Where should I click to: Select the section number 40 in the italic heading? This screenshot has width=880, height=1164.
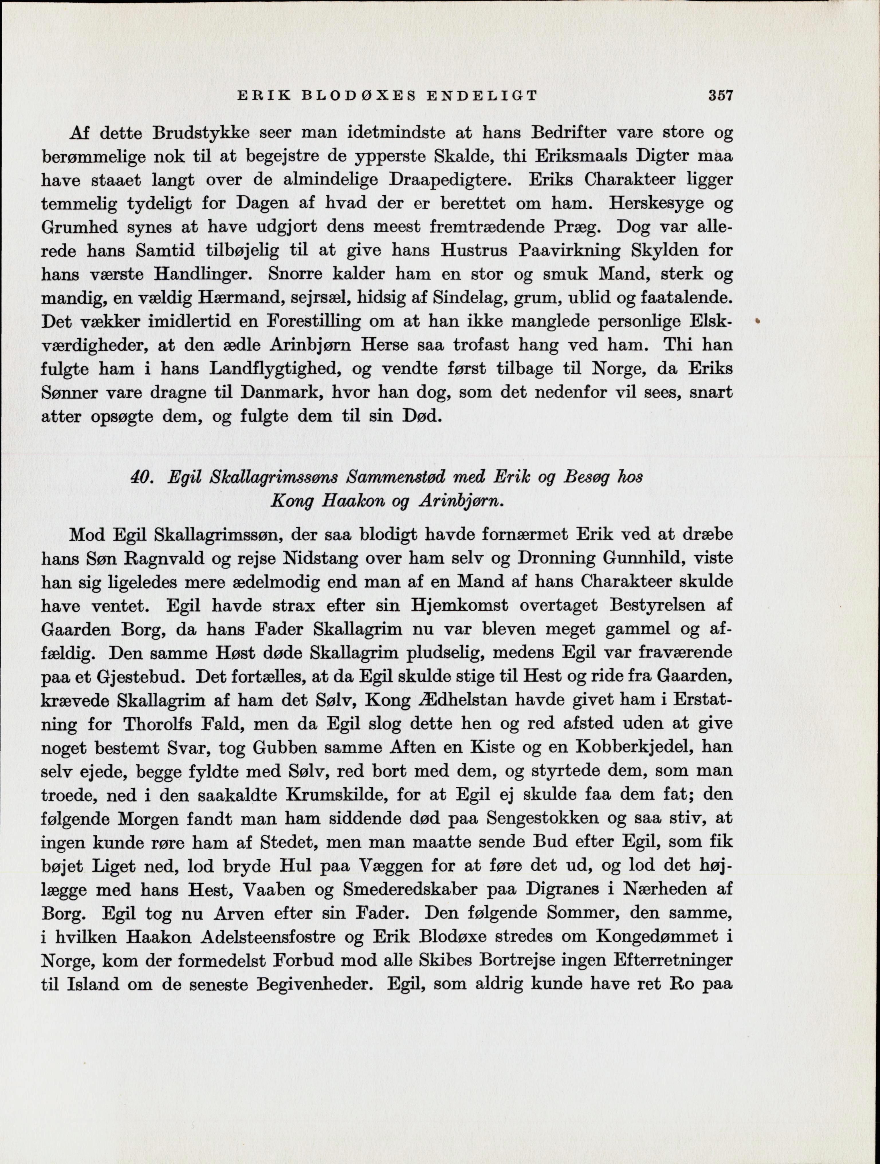pos(141,477)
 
